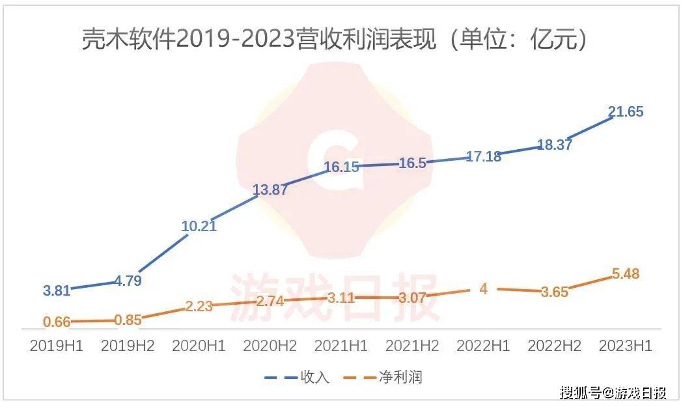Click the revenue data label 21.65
click(x=625, y=112)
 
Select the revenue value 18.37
click(x=554, y=145)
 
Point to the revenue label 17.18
click(x=484, y=156)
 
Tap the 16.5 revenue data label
click(x=411, y=163)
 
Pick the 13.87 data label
click(x=270, y=189)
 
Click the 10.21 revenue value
click(x=199, y=227)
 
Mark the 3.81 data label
click(x=57, y=290)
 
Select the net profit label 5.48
click(x=625, y=274)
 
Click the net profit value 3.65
click(x=554, y=292)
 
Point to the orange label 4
click(x=483, y=288)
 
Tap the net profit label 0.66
click(x=57, y=321)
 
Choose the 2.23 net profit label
click(x=199, y=306)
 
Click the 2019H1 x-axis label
click(x=57, y=346)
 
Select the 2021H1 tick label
click(x=341, y=346)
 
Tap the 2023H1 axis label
click(x=625, y=346)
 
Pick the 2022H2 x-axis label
click(x=554, y=346)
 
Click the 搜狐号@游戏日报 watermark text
click(x=613, y=393)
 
